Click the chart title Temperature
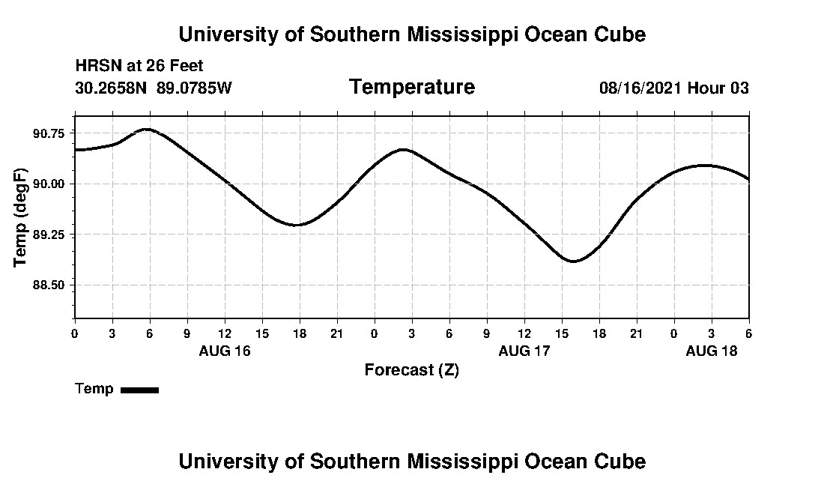pos(411,87)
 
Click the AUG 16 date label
pos(225,351)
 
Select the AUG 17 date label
pos(524,351)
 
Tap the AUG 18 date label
pos(712,351)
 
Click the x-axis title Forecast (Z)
pos(411,370)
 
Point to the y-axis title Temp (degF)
pos(20,217)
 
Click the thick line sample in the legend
pos(139,390)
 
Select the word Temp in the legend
pos(94,389)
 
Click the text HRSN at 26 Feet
pos(139,66)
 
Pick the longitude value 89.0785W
pos(195,88)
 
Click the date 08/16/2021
pos(640,88)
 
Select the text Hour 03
pos(718,88)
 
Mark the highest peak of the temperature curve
pos(147,129)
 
